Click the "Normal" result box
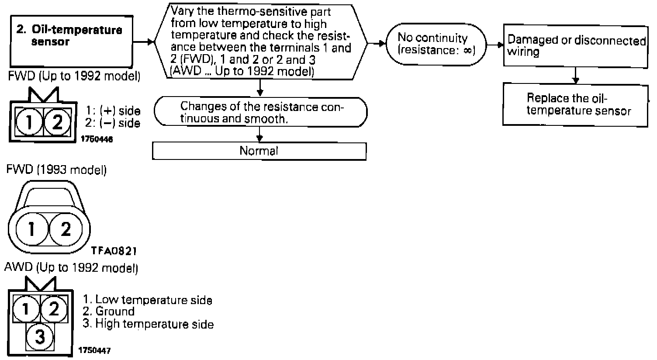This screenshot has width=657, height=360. (259, 151)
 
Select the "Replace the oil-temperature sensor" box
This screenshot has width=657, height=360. (575, 104)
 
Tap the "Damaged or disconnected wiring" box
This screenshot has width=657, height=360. (576, 45)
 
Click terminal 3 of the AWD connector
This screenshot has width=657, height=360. (40, 337)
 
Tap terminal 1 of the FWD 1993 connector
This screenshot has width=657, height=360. (32, 229)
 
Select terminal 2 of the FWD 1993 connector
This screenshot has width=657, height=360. (65, 229)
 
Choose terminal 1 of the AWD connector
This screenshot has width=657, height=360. (25, 310)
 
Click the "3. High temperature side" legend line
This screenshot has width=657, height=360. (148, 324)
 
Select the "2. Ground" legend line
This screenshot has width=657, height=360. (109, 312)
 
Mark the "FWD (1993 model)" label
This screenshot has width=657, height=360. (56, 170)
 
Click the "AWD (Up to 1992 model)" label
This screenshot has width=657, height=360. (71, 268)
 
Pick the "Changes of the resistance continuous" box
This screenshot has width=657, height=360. (261, 113)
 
